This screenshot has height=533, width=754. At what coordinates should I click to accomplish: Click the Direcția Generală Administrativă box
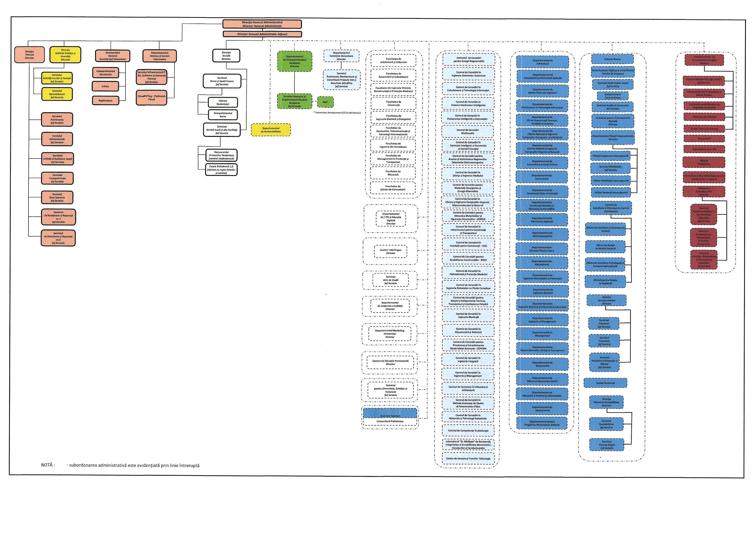pos(262,24)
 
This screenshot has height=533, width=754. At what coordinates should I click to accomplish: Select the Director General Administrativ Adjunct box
pos(262,34)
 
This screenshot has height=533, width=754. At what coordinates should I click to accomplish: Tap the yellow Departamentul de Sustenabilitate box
pos(270,130)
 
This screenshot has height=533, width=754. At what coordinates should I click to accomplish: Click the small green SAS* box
pos(325,102)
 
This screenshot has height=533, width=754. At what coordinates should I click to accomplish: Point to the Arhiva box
pos(105,86)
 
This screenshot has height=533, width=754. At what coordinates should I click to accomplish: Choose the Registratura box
pos(105,101)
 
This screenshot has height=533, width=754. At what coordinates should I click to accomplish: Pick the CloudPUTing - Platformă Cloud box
pos(151,98)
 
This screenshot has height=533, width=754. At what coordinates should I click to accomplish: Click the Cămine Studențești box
pos(223,102)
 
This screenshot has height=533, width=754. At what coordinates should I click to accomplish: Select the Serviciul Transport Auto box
pos(57,178)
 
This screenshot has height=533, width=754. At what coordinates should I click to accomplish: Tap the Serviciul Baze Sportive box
pos(57,197)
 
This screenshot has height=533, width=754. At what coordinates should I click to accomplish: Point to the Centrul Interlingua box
pos(390,252)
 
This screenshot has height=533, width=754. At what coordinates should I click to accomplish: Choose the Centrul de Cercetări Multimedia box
pos(467,132)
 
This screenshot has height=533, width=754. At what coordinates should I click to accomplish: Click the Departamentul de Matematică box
pos(542,364)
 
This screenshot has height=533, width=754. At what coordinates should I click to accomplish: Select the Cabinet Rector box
pos(612,59)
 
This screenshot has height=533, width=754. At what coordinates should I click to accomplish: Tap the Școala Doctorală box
pos(605,383)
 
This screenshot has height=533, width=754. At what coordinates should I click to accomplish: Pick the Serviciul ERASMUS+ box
pos(610,168)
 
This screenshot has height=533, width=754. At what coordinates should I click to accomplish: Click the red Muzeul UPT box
pos(704,139)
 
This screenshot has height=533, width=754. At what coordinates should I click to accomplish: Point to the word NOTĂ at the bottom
pos(48,465)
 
